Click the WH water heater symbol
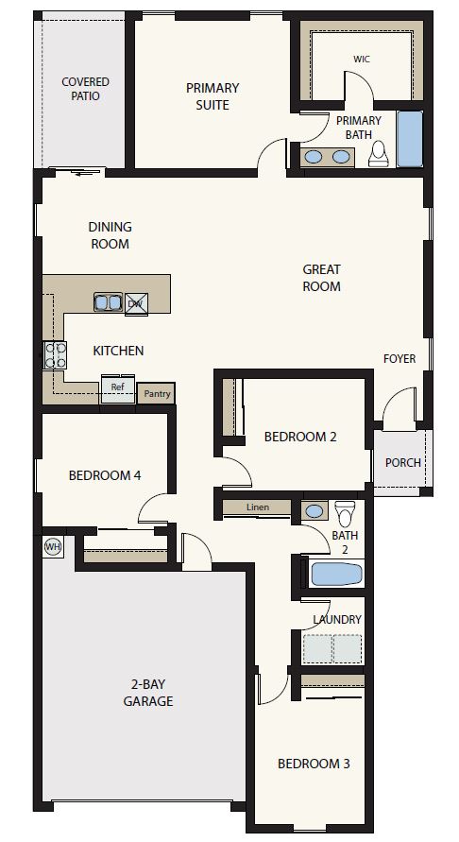click(51, 546)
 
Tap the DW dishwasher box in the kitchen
click(135, 302)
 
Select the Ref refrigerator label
click(118, 387)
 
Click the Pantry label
click(155, 394)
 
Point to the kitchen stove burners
click(55, 355)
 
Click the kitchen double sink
click(106, 302)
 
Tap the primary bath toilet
click(379, 153)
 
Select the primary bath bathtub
click(410, 140)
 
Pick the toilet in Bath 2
click(345, 512)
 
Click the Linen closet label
click(258, 507)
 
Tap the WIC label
click(361, 59)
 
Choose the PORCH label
click(403, 463)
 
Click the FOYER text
click(399, 358)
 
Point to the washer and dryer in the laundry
click(331, 648)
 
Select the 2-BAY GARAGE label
click(147, 693)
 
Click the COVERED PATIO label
click(85, 90)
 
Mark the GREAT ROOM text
click(321, 278)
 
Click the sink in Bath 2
click(315, 511)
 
